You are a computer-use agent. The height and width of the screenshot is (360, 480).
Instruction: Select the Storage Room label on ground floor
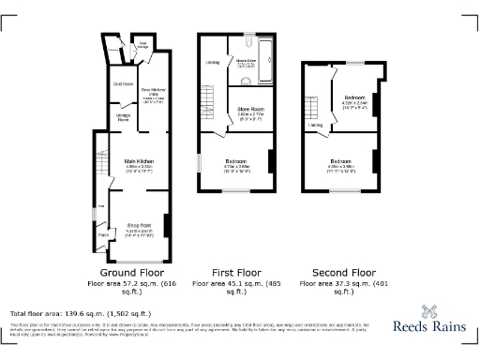(x=122, y=117)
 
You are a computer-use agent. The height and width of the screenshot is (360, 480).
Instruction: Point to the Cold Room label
(x=123, y=84)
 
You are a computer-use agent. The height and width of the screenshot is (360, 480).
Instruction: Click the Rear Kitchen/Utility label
(x=150, y=94)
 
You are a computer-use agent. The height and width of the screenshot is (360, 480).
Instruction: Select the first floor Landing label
(x=211, y=65)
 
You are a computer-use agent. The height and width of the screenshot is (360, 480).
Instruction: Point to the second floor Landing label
(x=315, y=125)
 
